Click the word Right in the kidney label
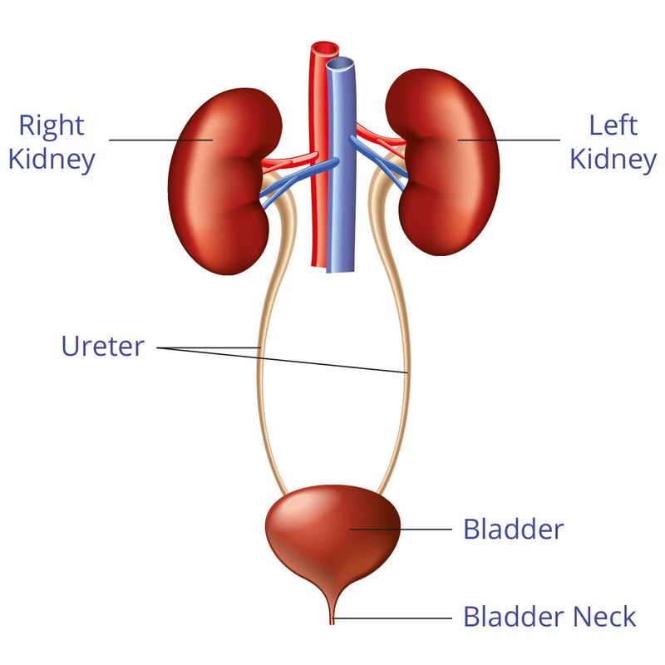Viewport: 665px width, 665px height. (x=52, y=126)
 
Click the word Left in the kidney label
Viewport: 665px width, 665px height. (x=613, y=126)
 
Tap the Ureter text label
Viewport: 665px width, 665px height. (x=103, y=346)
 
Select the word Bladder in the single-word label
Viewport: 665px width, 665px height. (x=513, y=530)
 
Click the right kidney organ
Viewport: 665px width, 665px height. (x=223, y=180)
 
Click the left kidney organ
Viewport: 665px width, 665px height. (x=443, y=161)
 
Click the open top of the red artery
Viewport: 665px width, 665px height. (x=325, y=49)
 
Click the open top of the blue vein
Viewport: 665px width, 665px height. (x=340, y=65)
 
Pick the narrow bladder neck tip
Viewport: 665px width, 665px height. (x=332, y=620)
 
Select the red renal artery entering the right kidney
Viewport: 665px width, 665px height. (x=290, y=160)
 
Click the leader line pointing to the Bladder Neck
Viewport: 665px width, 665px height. (x=392, y=618)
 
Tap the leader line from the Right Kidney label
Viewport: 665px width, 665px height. (x=160, y=140)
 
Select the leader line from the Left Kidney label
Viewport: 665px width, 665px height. (x=509, y=140)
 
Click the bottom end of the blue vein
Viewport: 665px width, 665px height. (x=340, y=272)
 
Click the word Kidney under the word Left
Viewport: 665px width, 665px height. (x=613, y=160)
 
